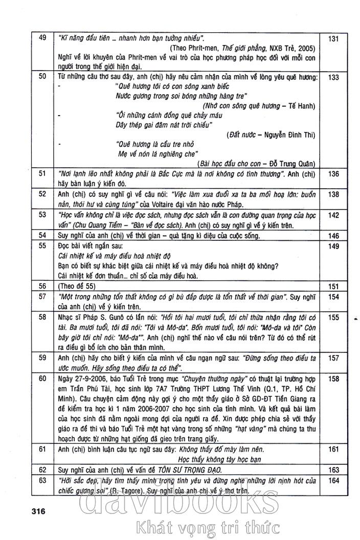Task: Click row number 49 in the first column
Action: click(42, 37)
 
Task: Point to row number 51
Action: click(42, 174)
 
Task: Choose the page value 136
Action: click(333, 174)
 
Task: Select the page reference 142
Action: click(333, 215)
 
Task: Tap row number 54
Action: click(42, 235)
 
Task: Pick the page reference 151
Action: click(333, 286)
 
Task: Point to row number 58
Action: click(42, 317)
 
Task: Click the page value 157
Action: click(333, 358)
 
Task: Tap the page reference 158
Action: click(333, 379)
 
